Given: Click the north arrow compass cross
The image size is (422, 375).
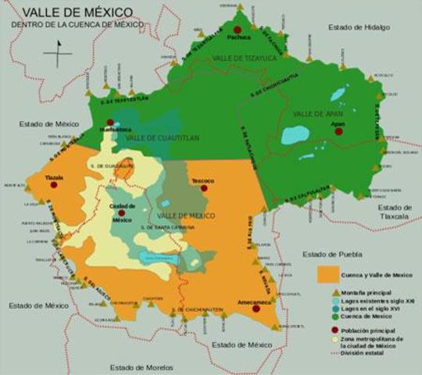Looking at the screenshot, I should (58, 54).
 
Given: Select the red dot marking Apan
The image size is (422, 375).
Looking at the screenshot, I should (338, 131).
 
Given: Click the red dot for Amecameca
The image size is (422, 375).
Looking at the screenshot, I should (256, 309).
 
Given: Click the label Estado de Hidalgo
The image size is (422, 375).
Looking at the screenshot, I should (359, 27).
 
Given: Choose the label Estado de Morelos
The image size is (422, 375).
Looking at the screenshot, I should (141, 366).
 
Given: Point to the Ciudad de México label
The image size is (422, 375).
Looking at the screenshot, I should (120, 212).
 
